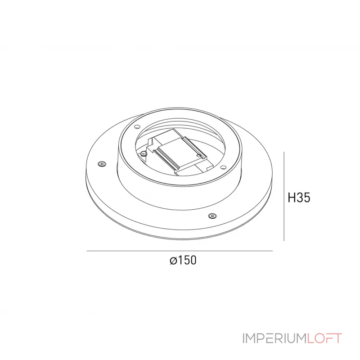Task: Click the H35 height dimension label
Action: (299, 198)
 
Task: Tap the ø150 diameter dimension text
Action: (183, 261)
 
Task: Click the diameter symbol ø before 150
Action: (173, 261)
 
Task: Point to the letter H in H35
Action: (291, 198)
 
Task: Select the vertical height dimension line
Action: (284, 196)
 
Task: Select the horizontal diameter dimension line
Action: (180, 251)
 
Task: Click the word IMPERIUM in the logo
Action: (274, 338)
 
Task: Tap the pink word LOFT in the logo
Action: (324, 338)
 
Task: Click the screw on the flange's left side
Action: (102, 164)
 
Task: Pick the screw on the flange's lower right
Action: (212, 216)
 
